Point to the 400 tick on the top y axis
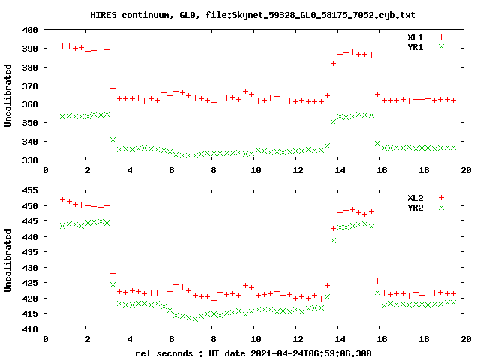click(x=31, y=30)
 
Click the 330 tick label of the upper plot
click(x=31, y=160)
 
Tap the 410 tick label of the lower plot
click(x=31, y=329)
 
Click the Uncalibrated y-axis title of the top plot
click(x=8, y=95)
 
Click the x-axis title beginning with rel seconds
click(x=253, y=352)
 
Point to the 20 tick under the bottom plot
click(x=466, y=339)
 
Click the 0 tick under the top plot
click(x=46, y=170)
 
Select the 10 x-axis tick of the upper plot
click(x=256, y=170)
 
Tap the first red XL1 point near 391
click(x=63, y=46)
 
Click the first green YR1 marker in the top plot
click(x=63, y=116)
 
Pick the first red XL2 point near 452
click(x=63, y=199)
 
